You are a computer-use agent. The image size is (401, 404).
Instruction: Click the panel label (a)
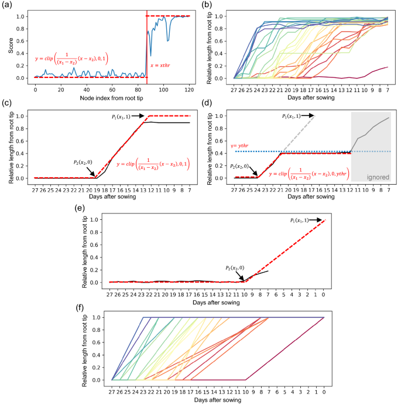[7, 5]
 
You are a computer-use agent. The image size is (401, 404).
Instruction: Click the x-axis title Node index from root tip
[107, 92]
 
